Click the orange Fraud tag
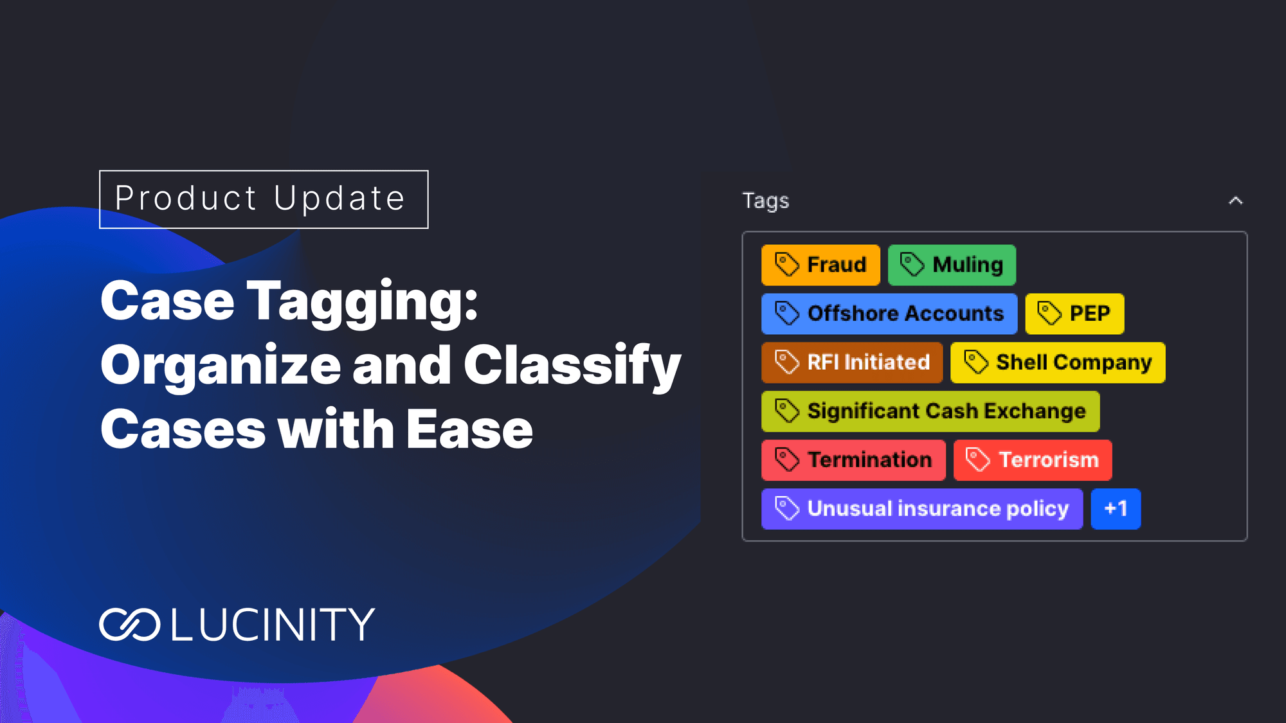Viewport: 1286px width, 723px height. coord(820,265)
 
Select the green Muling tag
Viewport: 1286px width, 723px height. coord(952,265)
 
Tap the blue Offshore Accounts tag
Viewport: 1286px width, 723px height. coord(889,314)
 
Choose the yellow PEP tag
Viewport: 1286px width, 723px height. coord(1074,314)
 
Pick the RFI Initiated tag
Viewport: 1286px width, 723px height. coord(852,362)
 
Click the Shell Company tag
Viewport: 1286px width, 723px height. coord(1058,362)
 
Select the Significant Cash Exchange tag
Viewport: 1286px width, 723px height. coord(930,411)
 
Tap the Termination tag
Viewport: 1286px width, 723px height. coord(853,460)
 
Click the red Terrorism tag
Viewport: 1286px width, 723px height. coord(1033,460)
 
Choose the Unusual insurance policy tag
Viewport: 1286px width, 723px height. coord(922,509)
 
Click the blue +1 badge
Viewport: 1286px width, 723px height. coord(1116,509)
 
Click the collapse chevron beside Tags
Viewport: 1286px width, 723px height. coord(1235,201)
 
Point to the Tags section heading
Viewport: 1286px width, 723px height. coord(766,201)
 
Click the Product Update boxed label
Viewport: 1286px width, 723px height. coord(264,199)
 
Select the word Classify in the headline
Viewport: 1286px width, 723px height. coord(572,366)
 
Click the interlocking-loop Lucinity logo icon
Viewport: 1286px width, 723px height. coord(130,624)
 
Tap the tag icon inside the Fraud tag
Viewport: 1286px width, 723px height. coord(786,264)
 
